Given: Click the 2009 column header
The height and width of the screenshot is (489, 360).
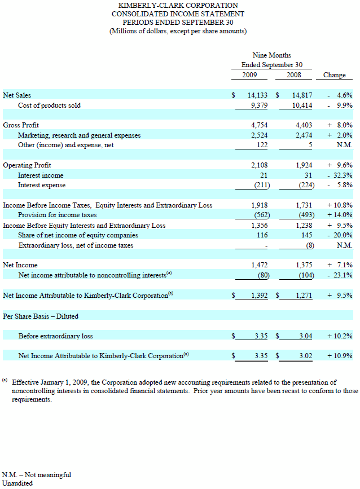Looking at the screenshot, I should coord(251,75).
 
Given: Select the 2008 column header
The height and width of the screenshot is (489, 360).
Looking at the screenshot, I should coord(293,75).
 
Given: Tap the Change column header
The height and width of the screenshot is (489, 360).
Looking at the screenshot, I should coord(334,75).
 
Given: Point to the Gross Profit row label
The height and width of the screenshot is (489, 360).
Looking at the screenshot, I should coord(21,125).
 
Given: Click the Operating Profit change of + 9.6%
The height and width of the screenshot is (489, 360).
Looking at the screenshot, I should coord(340,165).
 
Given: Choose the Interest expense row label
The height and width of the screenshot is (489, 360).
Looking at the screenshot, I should coord(42,185).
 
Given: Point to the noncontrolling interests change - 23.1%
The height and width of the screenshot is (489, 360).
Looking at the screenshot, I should coord(340,275).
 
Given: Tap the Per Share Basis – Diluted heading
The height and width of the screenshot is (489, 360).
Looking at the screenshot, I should coord(41,316).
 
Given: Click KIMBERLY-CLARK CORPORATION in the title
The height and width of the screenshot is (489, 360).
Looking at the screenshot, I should coord(178,6).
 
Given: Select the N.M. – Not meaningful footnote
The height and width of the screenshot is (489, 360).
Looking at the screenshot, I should coord(37,474).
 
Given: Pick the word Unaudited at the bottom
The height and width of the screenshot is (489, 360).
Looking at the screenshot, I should coord(17,483).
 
